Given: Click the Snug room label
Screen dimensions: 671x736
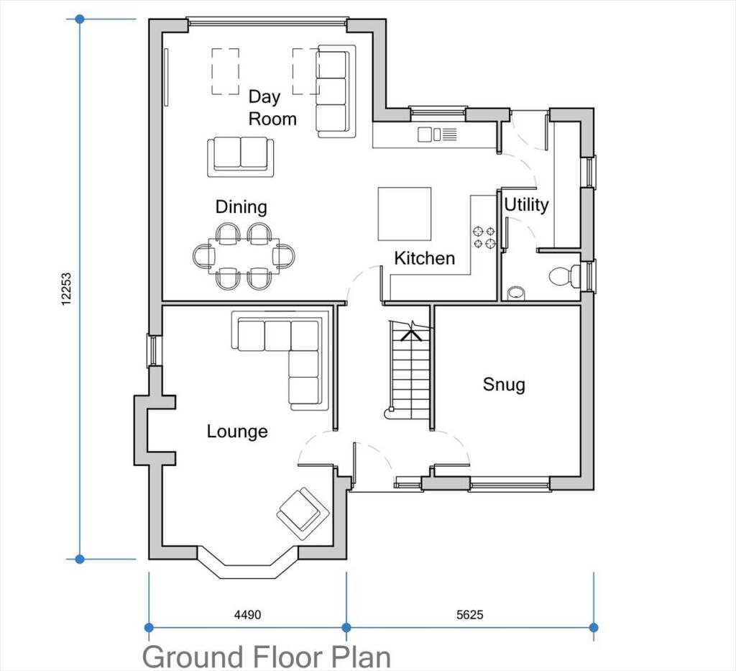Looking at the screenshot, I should tap(503, 385).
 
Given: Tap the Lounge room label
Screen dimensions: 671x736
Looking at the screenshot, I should tap(237, 432).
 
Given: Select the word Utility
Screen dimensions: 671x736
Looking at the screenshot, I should tap(526, 205).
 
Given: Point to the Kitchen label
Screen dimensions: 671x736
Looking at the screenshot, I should tap(424, 258).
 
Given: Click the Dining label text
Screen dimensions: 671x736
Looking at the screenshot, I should tap(241, 207).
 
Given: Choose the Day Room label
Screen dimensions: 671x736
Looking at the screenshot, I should tap(272, 108).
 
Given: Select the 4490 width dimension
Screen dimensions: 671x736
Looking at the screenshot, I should tap(247, 615).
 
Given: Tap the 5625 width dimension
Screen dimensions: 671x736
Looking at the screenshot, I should tap(469, 615).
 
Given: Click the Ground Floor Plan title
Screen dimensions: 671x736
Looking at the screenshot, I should tap(267, 657).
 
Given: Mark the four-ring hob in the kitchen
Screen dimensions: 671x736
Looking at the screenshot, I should tap(482, 237).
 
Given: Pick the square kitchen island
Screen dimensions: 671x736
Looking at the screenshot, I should tap(405, 214).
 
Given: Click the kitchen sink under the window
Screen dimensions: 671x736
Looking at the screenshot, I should tap(437, 134).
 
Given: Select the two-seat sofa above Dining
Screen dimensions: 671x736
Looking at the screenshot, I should tap(241, 157).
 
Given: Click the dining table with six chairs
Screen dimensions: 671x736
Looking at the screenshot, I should tap(244, 255).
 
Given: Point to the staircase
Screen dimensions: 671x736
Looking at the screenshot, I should tap(409, 370).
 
